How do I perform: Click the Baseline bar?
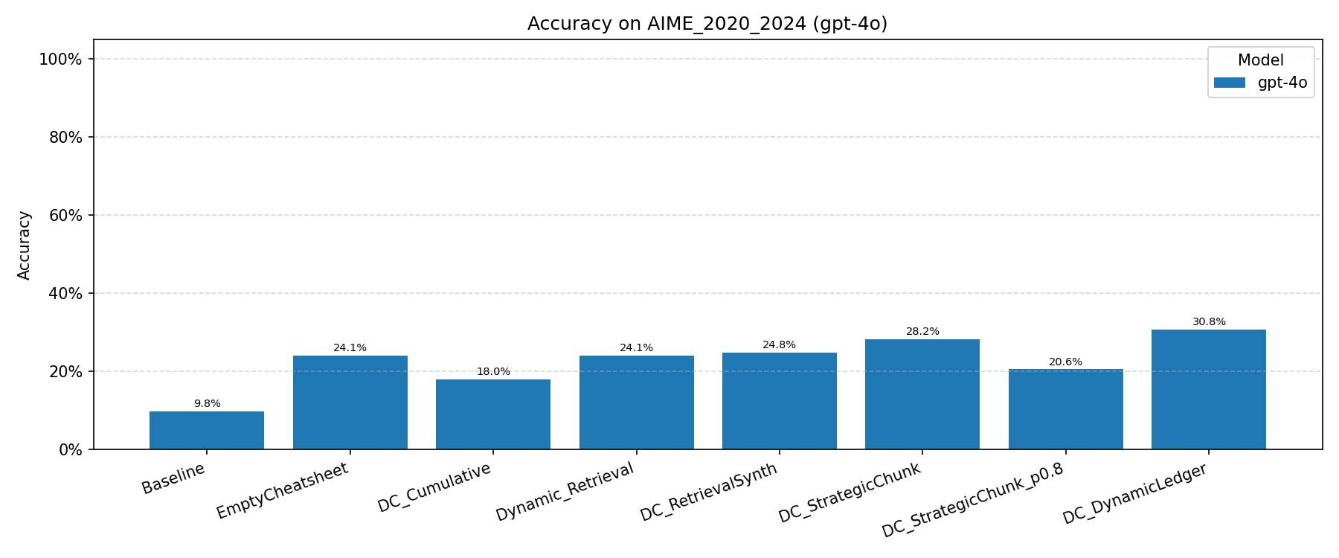click(207, 430)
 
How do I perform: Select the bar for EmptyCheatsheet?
click(350, 403)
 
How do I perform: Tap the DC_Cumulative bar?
click(493, 414)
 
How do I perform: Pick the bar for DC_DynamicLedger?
click(1208, 389)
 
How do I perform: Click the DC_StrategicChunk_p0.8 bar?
click(1065, 409)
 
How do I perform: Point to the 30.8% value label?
click(1208, 322)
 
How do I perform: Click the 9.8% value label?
click(207, 404)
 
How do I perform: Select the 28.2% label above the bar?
click(922, 332)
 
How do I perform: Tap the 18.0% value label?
click(493, 372)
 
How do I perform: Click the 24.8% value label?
click(779, 345)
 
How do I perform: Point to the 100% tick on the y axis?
click(60, 60)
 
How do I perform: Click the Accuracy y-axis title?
click(25, 246)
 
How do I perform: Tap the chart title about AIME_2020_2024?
click(707, 24)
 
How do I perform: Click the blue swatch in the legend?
click(1229, 83)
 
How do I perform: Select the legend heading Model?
click(1260, 61)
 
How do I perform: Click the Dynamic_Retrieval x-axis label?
click(565, 492)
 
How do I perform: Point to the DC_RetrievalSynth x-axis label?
click(709, 493)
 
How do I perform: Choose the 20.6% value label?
click(1065, 362)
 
